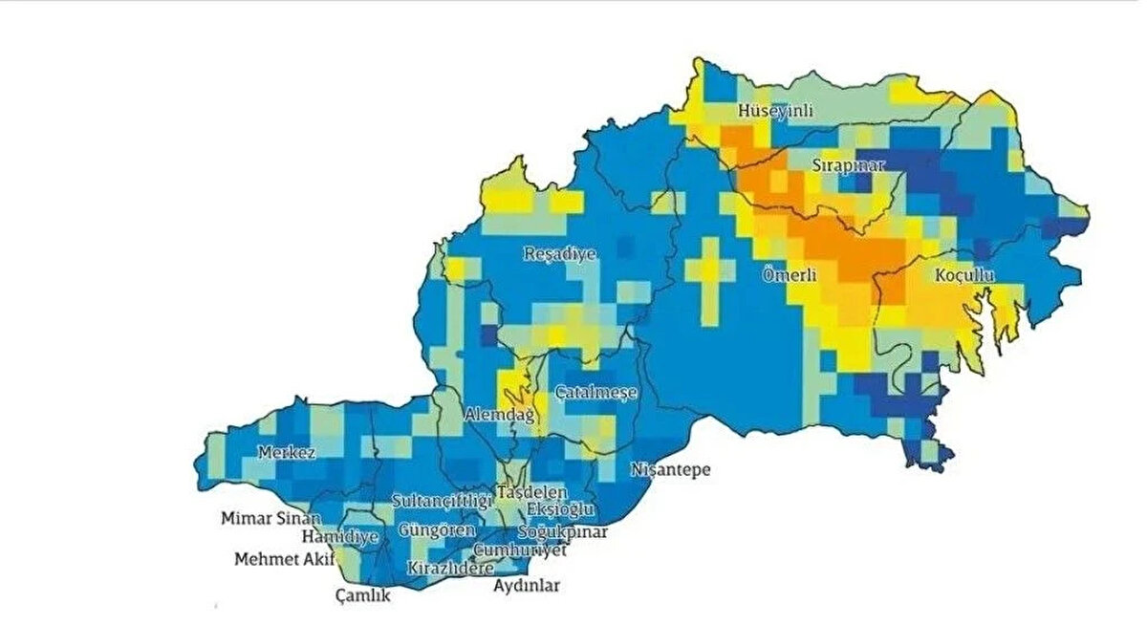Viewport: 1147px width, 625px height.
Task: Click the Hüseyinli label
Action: tap(775, 112)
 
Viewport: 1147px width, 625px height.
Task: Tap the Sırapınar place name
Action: tap(849, 165)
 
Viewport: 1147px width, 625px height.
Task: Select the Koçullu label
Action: tap(964, 275)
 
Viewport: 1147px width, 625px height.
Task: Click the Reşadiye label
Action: tap(560, 254)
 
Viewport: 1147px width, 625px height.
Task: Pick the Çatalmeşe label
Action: tap(596, 392)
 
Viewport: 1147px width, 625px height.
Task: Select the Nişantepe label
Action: tap(670, 470)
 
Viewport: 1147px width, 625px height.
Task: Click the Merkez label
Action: tap(287, 452)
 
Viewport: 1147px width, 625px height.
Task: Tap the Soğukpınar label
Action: tap(562, 532)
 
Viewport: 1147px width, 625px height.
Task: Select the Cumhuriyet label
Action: tap(520, 550)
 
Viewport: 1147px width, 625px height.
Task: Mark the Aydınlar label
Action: tap(527, 586)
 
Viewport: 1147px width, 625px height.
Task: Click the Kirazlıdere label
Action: tap(450, 568)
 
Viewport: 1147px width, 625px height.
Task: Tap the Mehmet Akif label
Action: tap(278, 559)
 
